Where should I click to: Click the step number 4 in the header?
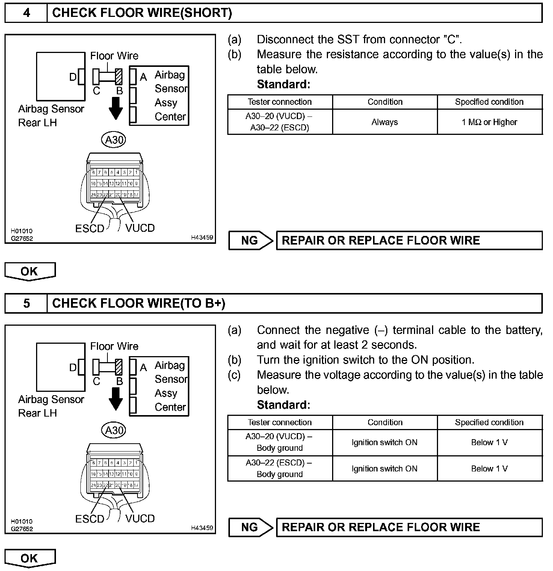pyautogui.click(x=26, y=13)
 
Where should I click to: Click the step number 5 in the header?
pyautogui.click(x=26, y=303)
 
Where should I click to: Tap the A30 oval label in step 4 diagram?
pyautogui.click(x=114, y=140)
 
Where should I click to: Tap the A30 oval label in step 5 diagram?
pyautogui.click(x=114, y=430)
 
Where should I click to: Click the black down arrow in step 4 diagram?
pyautogui.click(x=116, y=108)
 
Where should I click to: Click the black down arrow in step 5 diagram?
pyautogui.click(x=116, y=399)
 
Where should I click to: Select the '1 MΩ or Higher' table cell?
pyautogui.click(x=490, y=122)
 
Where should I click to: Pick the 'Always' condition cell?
pyautogui.click(x=385, y=122)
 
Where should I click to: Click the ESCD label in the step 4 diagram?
pyautogui.click(x=89, y=228)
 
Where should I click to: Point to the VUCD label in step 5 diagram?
pyautogui.click(x=140, y=518)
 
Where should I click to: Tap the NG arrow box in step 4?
pyautogui.click(x=251, y=240)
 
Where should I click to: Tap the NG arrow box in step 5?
pyautogui.click(x=251, y=527)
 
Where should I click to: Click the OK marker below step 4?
pyautogui.click(x=30, y=271)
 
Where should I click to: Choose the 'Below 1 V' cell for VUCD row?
pyautogui.click(x=490, y=443)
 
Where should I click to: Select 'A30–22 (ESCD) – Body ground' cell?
pyautogui.click(x=280, y=468)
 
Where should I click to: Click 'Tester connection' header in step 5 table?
pyautogui.click(x=280, y=422)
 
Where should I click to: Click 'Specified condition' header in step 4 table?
pyautogui.click(x=489, y=102)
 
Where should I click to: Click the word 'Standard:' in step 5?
pyautogui.click(x=284, y=405)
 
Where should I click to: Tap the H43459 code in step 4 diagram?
pyautogui.click(x=202, y=237)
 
